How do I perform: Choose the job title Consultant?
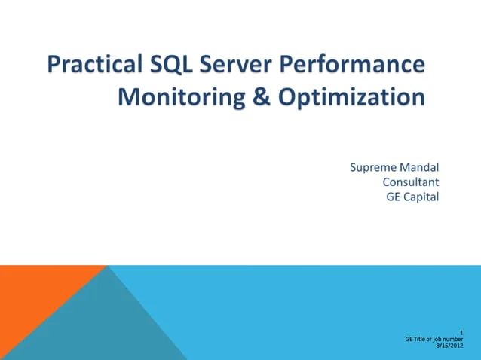[411, 182]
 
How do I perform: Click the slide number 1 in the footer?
[461, 332]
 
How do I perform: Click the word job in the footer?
[439, 340]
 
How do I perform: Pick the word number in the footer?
[455, 340]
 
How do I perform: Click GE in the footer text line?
[409, 340]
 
